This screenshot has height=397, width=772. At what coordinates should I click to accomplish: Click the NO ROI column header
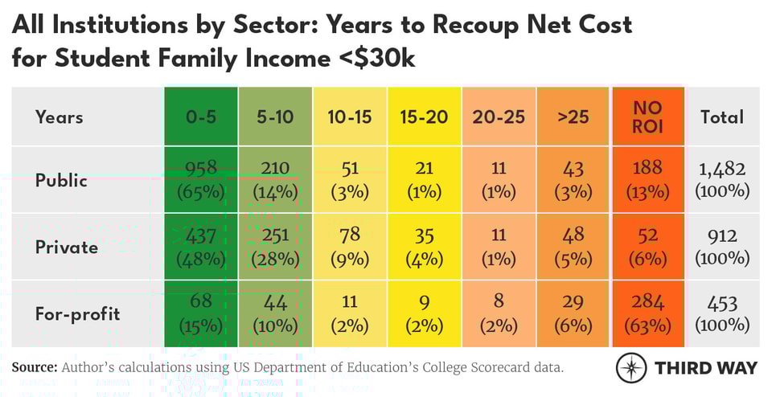[x=647, y=117]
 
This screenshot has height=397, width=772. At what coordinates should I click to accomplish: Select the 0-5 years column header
[x=201, y=117]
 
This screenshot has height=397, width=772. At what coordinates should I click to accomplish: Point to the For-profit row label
[x=78, y=313]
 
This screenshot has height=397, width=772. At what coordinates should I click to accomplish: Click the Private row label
[x=67, y=247]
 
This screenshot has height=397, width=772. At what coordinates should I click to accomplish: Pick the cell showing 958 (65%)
[x=201, y=179]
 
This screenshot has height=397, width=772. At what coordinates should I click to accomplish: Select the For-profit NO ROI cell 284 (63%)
[x=647, y=313]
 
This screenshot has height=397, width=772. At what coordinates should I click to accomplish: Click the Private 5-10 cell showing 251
[x=275, y=247]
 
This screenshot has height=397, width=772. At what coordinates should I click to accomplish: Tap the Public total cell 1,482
[x=722, y=179]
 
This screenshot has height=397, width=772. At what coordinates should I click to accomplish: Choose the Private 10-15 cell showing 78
[x=349, y=247]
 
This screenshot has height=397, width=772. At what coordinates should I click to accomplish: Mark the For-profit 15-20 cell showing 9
[x=424, y=313]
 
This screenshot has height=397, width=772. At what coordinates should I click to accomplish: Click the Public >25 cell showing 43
[x=573, y=179]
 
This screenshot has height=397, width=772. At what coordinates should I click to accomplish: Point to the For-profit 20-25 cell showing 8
[x=498, y=313]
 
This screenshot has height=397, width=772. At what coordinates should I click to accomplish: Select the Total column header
[x=722, y=117]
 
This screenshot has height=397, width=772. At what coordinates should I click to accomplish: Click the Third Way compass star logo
[x=631, y=367]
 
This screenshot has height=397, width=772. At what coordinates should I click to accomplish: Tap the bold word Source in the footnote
[x=33, y=367]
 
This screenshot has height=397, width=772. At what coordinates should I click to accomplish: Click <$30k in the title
[x=377, y=58]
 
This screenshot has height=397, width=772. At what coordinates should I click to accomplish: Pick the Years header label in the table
[x=60, y=117]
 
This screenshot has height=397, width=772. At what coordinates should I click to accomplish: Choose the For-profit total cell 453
[x=722, y=313]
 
